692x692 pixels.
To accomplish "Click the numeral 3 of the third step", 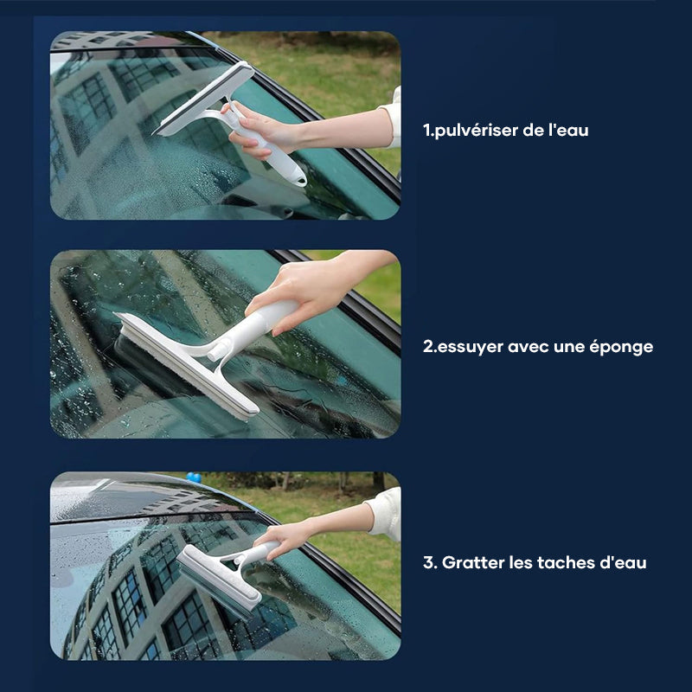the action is click(x=428, y=563).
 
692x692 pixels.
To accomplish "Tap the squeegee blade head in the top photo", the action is click(x=204, y=99).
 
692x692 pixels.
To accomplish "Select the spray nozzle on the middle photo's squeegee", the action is click(x=218, y=351).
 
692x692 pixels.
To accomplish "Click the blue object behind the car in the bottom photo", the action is click(x=193, y=477).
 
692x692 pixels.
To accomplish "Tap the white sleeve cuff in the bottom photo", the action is click(x=385, y=513).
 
